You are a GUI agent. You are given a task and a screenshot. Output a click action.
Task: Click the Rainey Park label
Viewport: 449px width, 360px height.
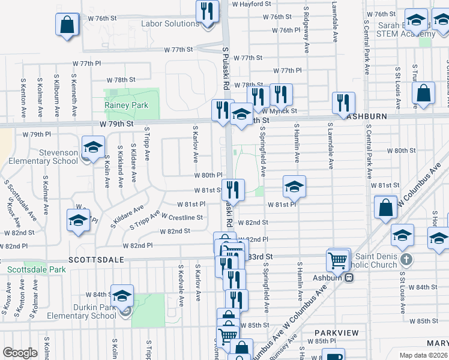pos(126,105)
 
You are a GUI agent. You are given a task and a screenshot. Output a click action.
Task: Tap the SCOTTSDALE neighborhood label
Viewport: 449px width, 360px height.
pos(97,260)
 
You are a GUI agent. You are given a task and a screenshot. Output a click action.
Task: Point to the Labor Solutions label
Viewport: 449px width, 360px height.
pos(170,24)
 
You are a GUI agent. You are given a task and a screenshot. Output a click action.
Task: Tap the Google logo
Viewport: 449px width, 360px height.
pos(20,353)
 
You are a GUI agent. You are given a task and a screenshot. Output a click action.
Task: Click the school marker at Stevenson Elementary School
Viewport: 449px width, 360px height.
pos(93,147)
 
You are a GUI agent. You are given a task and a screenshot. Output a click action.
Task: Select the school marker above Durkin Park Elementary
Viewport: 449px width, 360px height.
pos(122,295)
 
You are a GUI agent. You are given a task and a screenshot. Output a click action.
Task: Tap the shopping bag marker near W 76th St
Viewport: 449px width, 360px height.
pos(67,25)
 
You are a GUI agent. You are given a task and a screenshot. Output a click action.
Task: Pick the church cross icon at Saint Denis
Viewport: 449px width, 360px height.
pos(406,260)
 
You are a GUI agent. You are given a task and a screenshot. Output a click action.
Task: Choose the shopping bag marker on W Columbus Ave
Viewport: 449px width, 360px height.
pos(385,207)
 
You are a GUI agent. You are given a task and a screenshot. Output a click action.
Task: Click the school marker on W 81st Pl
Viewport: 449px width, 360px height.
pos(294,187)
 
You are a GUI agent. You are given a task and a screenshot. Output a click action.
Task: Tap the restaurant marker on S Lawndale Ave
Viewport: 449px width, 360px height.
pos(343,102)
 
